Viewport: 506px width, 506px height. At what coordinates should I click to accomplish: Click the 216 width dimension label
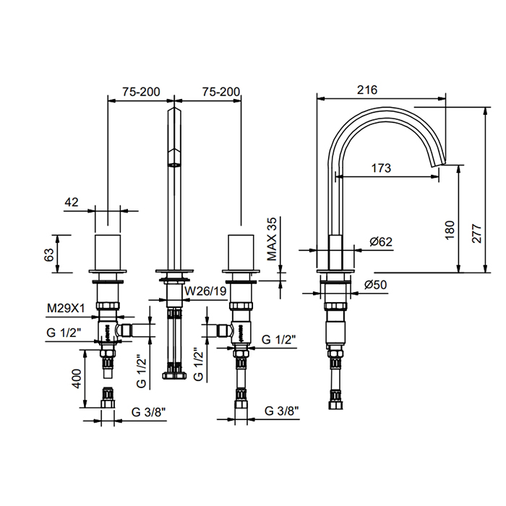(x=367, y=90)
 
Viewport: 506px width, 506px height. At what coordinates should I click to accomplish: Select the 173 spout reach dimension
(x=381, y=168)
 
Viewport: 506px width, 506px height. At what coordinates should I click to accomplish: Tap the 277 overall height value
(x=476, y=233)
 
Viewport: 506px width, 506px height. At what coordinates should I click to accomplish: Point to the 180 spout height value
(x=450, y=230)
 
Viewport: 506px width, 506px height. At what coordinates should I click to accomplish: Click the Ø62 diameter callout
(x=381, y=241)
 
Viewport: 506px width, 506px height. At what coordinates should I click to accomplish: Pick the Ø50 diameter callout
(x=376, y=285)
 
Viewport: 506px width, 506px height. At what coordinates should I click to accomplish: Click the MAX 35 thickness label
(x=272, y=239)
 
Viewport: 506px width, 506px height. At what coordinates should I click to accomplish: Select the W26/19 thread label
(x=205, y=291)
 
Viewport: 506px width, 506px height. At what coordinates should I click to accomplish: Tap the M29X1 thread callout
(x=66, y=309)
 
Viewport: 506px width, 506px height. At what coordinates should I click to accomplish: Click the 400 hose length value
(x=77, y=379)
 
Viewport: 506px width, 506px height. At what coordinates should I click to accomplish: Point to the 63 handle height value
(x=49, y=254)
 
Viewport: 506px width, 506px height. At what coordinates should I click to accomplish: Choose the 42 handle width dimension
(x=72, y=202)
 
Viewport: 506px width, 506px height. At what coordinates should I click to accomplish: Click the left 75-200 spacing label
(x=141, y=92)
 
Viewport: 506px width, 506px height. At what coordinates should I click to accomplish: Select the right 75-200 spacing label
(x=221, y=92)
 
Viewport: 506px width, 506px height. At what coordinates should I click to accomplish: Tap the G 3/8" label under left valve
(x=148, y=412)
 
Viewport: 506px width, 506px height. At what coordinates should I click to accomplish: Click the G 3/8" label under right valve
(x=282, y=411)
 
